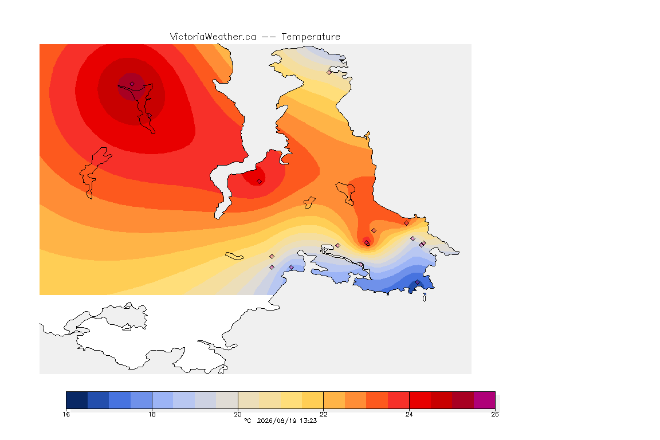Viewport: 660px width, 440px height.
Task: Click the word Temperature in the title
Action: point(311,37)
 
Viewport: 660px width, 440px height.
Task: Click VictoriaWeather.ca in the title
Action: point(213,37)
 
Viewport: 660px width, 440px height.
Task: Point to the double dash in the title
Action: point(269,37)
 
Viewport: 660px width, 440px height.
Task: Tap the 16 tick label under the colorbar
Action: point(66,414)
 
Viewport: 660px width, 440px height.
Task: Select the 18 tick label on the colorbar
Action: point(152,414)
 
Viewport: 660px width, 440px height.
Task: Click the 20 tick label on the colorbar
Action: point(238,414)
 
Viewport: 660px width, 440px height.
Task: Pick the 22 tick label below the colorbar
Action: point(323,414)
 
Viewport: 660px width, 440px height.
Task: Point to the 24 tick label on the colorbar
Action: point(409,414)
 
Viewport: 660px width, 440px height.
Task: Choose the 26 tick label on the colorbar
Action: point(495,414)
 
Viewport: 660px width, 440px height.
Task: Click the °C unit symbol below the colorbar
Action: point(247,421)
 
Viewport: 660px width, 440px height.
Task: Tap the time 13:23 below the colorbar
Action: point(308,421)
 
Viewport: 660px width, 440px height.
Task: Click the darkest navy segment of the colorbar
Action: point(77,400)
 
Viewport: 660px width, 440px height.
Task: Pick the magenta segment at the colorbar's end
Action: point(485,400)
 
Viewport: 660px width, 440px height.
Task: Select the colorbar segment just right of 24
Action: point(420,400)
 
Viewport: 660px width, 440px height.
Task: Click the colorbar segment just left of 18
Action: point(142,400)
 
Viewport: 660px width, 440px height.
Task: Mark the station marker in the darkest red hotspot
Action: point(132,84)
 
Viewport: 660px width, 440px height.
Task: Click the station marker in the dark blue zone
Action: point(417,282)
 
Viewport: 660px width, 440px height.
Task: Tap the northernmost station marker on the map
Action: point(329,72)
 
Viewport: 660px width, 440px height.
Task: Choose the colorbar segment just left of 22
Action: point(313,400)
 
